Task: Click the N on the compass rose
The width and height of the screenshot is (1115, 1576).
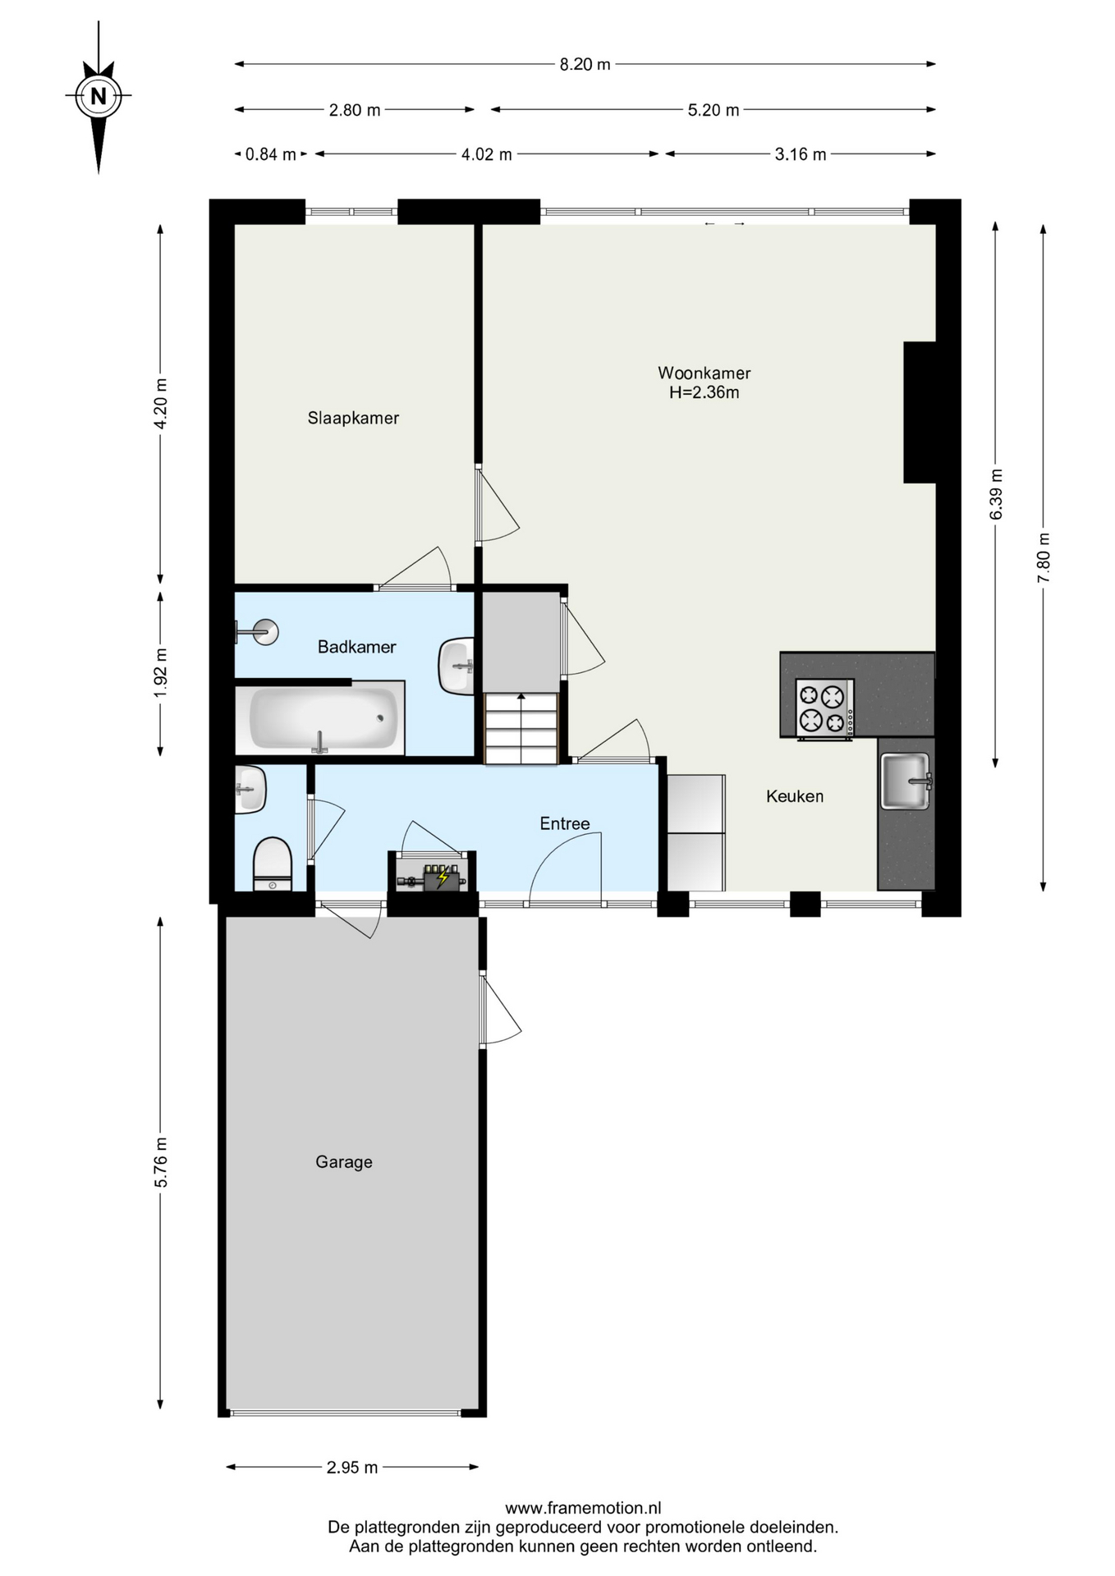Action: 99,96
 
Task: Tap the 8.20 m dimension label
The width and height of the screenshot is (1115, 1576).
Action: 585,64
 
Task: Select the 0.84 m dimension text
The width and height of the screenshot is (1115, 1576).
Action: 271,154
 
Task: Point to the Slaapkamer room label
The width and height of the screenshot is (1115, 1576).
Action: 353,418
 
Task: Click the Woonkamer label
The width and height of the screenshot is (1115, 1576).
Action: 704,373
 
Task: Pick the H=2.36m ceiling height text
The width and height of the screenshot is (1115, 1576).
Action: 704,392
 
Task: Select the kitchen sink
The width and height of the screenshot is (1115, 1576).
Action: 905,781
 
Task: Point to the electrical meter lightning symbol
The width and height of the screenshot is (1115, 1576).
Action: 443,878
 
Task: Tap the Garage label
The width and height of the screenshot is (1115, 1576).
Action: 344,1161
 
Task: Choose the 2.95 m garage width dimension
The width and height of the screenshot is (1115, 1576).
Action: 352,1468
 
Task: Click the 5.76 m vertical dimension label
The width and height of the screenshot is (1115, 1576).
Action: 161,1161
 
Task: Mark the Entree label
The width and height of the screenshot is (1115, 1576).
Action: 565,823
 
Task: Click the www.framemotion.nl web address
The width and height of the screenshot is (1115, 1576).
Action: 583,1508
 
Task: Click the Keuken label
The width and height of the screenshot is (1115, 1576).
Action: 795,796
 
